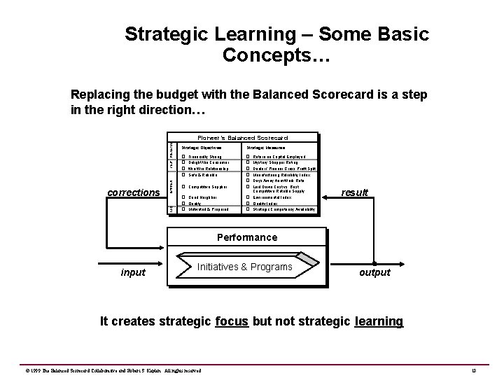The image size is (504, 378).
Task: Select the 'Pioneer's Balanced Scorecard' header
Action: (242, 138)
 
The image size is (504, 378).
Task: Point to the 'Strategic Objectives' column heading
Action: (202, 148)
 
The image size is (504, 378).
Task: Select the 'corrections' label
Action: (134, 192)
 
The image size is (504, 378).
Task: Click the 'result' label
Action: (354, 192)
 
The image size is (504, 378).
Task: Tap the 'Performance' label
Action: (246, 237)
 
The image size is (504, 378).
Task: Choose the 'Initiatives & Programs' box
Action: (244, 267)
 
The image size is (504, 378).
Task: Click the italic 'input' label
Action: (133, 272)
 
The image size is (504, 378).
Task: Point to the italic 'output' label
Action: (374, 272)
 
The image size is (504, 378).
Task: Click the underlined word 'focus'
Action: (232, 321)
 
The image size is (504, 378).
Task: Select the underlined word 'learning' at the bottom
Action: (379, 321)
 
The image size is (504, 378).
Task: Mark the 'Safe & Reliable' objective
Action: (201, 174)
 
